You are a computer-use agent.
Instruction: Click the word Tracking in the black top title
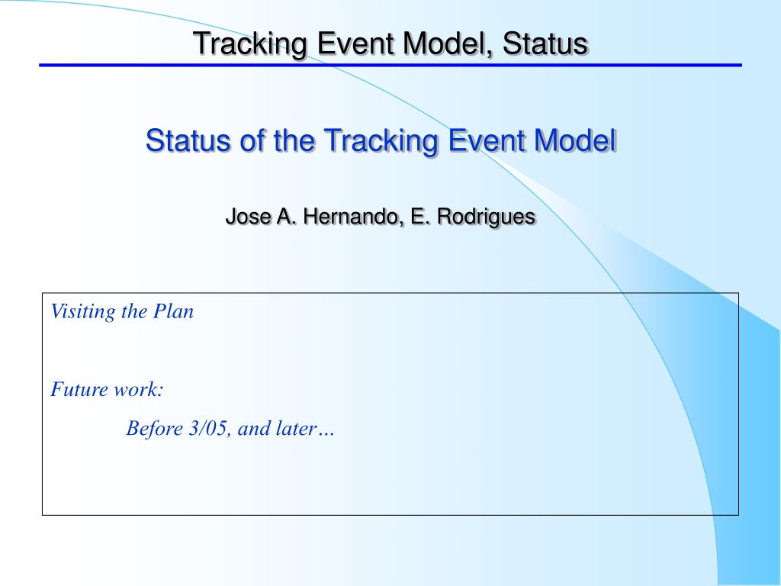tap(249, 43)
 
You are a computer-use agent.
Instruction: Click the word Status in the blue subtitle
tap(188, 140)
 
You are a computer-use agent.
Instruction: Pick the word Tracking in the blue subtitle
tap(381, 141)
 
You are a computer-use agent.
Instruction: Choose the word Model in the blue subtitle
tap(575, 140)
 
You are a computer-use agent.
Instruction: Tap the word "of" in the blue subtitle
tap(252, 140)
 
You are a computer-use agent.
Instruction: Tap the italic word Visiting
tap(82, 312)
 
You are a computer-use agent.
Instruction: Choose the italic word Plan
tap(173, 311)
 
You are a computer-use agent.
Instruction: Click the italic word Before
tap(154, 428)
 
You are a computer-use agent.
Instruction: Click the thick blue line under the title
tap(390, 66)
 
